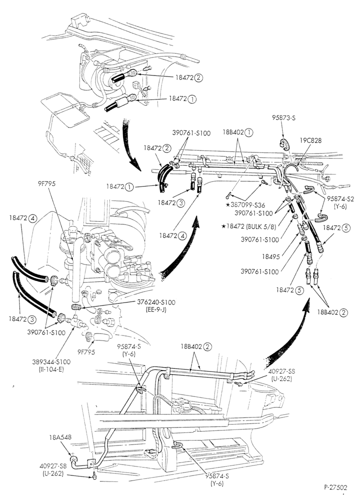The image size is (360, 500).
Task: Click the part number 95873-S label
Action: (283, 117)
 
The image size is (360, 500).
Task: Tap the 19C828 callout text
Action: (310, 140)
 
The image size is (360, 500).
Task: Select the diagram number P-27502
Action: (336, 487)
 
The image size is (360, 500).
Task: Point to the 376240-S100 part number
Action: (156, 302)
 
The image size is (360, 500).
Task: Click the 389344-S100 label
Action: (51, 362)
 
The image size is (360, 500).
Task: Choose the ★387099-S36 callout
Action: (245, 205)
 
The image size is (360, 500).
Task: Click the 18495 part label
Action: (269, 256)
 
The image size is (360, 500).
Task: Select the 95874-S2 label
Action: (340, 198)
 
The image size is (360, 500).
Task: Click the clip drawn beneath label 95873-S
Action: (285, 144)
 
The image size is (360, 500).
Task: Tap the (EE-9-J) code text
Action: (156, 309)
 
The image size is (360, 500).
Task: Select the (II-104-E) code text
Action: (51, 369)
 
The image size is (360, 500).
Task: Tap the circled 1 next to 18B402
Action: (249, 132)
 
